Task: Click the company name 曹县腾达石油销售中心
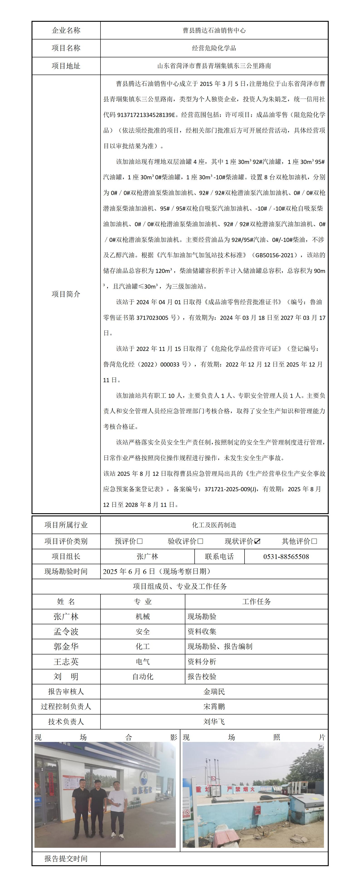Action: (214, 30)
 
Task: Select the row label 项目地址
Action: (66, 66)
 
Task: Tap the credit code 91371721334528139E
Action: (146, 115)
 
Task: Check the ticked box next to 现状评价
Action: (257, 541)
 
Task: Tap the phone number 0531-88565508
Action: (286, 557)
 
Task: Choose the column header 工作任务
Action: (256, 602)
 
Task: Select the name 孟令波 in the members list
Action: (66, 632)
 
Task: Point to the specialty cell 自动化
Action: (143, 677)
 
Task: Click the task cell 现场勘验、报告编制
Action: (220, 647)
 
